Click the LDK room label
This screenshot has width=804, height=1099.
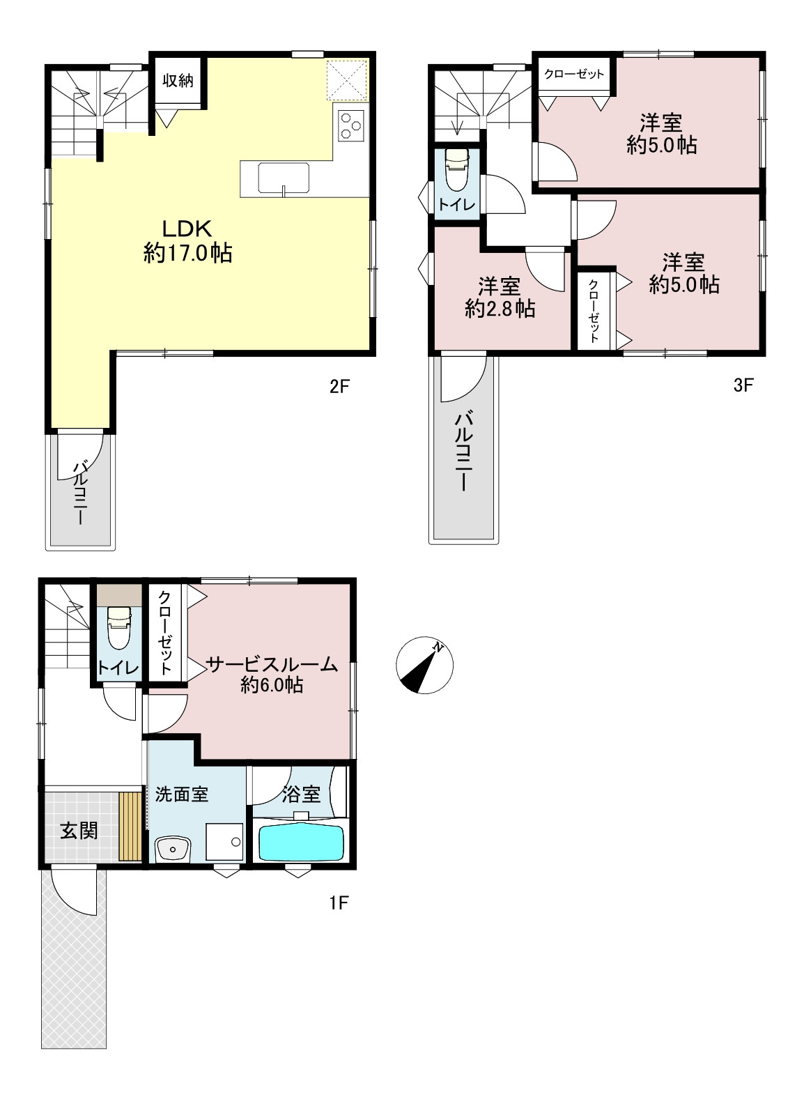[187, 229]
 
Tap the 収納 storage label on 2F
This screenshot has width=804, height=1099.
[178, 80]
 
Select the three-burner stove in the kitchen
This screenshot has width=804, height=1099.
[351, 125]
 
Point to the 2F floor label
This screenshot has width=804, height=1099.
[339, 386]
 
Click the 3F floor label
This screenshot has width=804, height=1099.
[743, 385]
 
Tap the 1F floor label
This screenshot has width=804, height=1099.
[339, 902]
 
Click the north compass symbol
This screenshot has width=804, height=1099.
[424, 666]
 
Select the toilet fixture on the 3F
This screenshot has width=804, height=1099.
[457, 169]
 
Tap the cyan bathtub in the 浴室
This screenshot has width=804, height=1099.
[301, 842]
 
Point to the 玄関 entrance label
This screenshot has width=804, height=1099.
[79, 831]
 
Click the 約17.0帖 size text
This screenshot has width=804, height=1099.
[187, 253]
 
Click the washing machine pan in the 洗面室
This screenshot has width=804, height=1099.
[224, 842]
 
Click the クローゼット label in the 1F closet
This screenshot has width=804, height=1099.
[165, 632]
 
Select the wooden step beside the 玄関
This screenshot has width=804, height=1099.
[130, 826]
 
